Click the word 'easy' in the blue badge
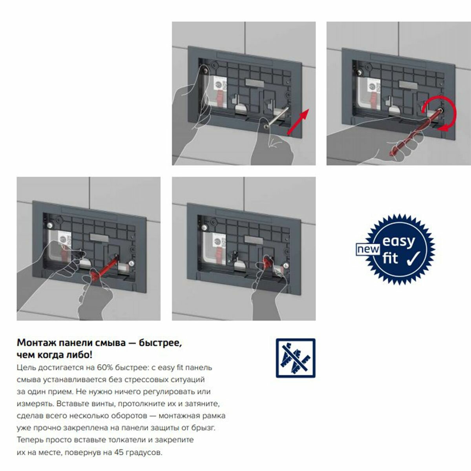398,242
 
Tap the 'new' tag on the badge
368,249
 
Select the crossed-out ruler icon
296,358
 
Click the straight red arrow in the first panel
298,122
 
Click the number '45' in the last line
119,453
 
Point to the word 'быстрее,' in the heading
161,343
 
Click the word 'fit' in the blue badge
390,259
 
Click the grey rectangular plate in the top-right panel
408,85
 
